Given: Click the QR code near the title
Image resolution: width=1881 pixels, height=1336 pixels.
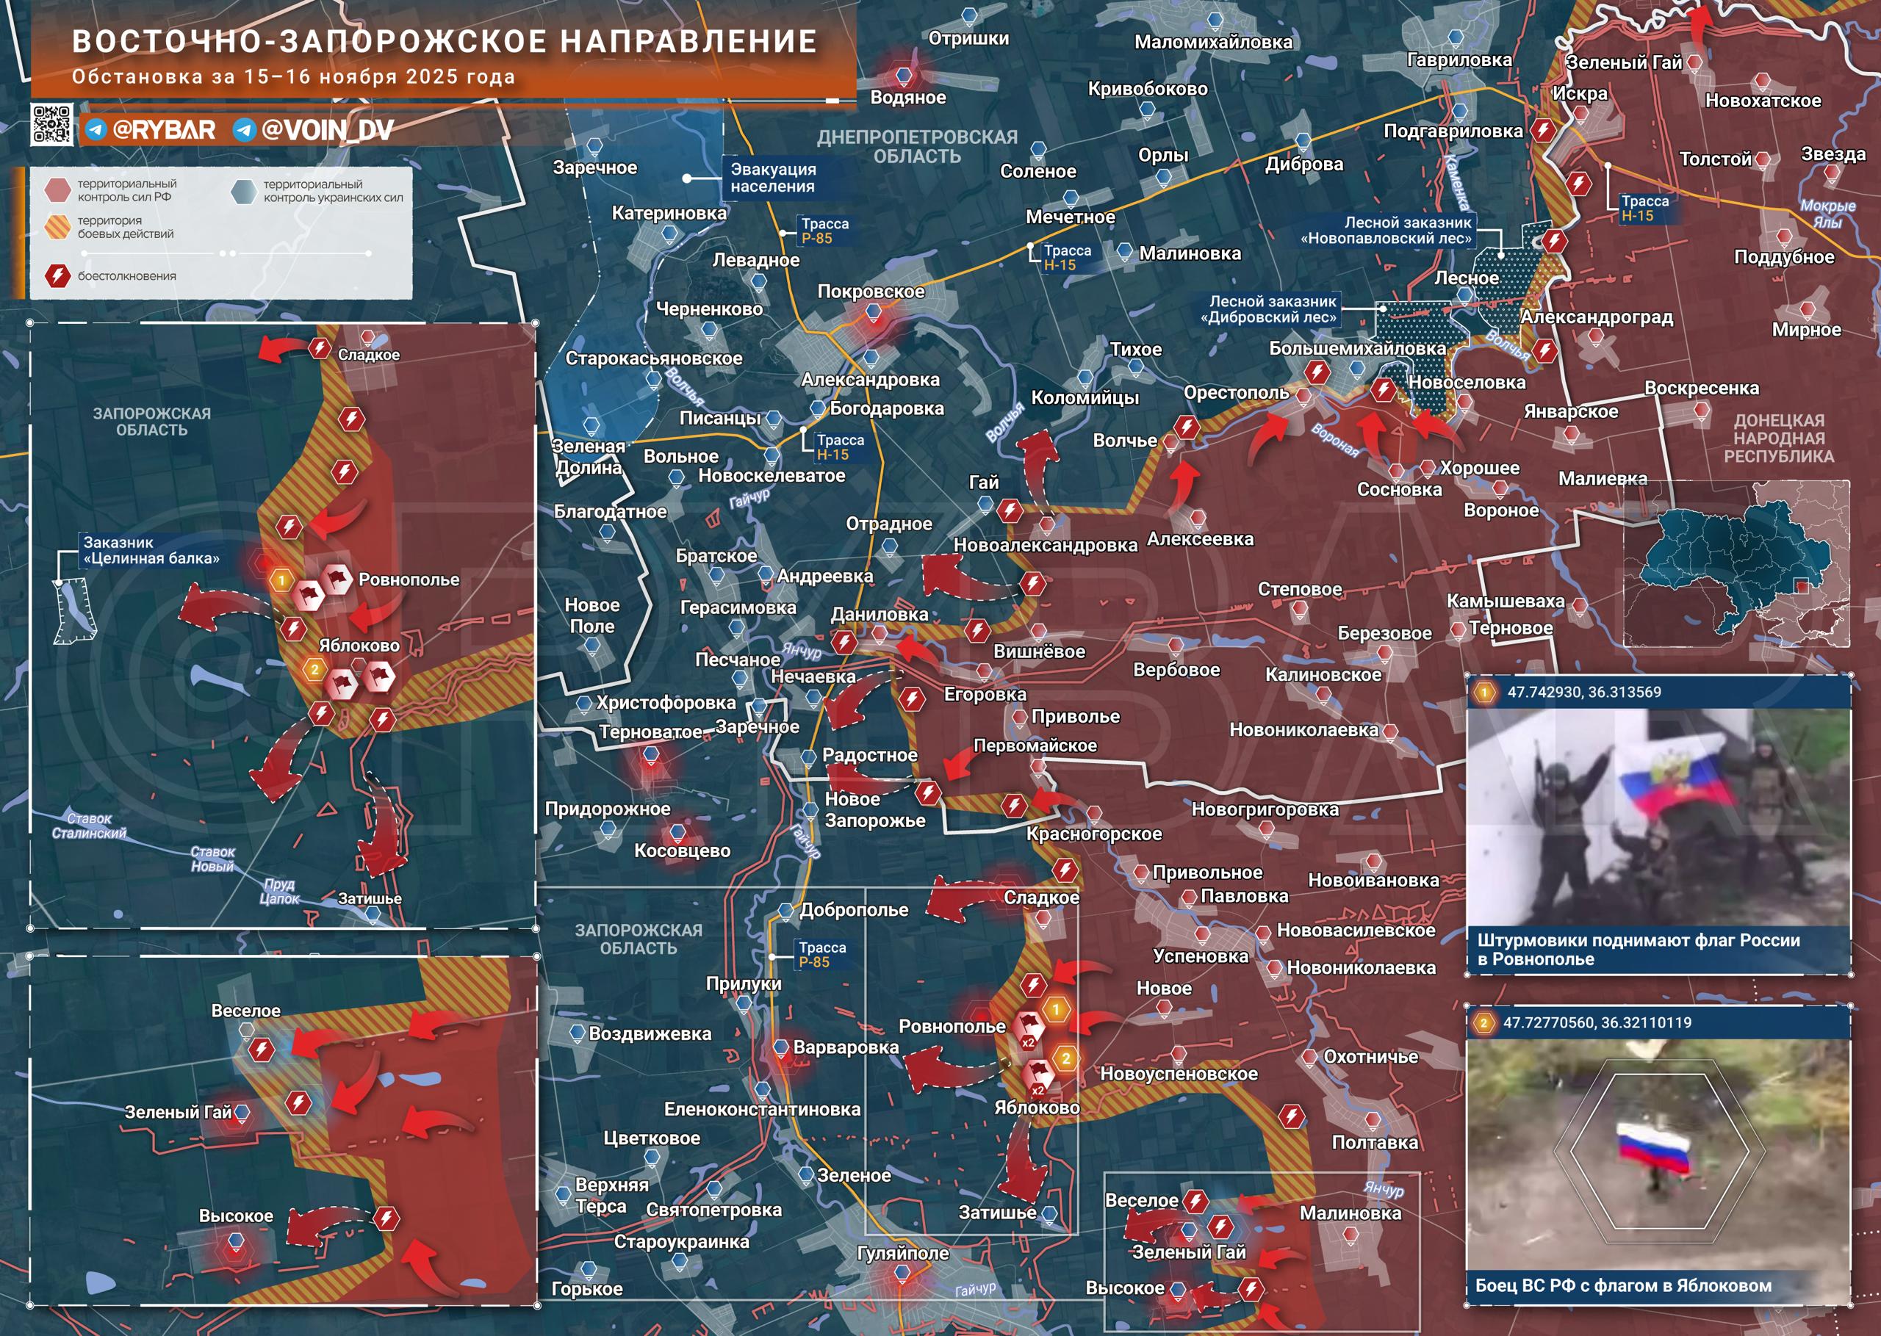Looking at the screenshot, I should click(x=51, y=125).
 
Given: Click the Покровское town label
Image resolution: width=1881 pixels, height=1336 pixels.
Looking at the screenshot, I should click(x=871, y=292).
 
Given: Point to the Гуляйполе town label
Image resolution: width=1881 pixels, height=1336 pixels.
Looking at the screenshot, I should click(x=902, y=1253).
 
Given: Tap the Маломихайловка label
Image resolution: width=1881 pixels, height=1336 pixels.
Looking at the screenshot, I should click(x=1213, y=42).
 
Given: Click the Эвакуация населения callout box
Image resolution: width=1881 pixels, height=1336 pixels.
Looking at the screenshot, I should click(x=773, y=178).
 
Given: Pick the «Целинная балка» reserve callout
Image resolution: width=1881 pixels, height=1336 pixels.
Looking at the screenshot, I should click(x=151, y=550).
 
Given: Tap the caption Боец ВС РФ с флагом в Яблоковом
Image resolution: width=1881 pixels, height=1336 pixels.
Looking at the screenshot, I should click(x=1622, y=1285).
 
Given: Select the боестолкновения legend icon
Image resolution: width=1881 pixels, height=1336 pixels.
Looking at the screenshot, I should click(x=57, y=275).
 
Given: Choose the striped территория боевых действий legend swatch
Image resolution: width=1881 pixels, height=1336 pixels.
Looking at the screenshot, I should click(x=57, y=227).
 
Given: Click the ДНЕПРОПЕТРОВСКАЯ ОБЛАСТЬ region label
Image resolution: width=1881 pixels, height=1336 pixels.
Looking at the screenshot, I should click(x=917, y=146).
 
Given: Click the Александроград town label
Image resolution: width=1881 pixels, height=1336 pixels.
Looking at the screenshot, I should click(x=1597, y=317).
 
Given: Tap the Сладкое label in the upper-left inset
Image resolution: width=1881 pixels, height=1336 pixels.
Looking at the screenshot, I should click(x=369, y=355).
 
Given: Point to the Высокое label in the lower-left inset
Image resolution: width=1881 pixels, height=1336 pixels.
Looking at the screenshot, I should click(x=235, y=1216).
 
